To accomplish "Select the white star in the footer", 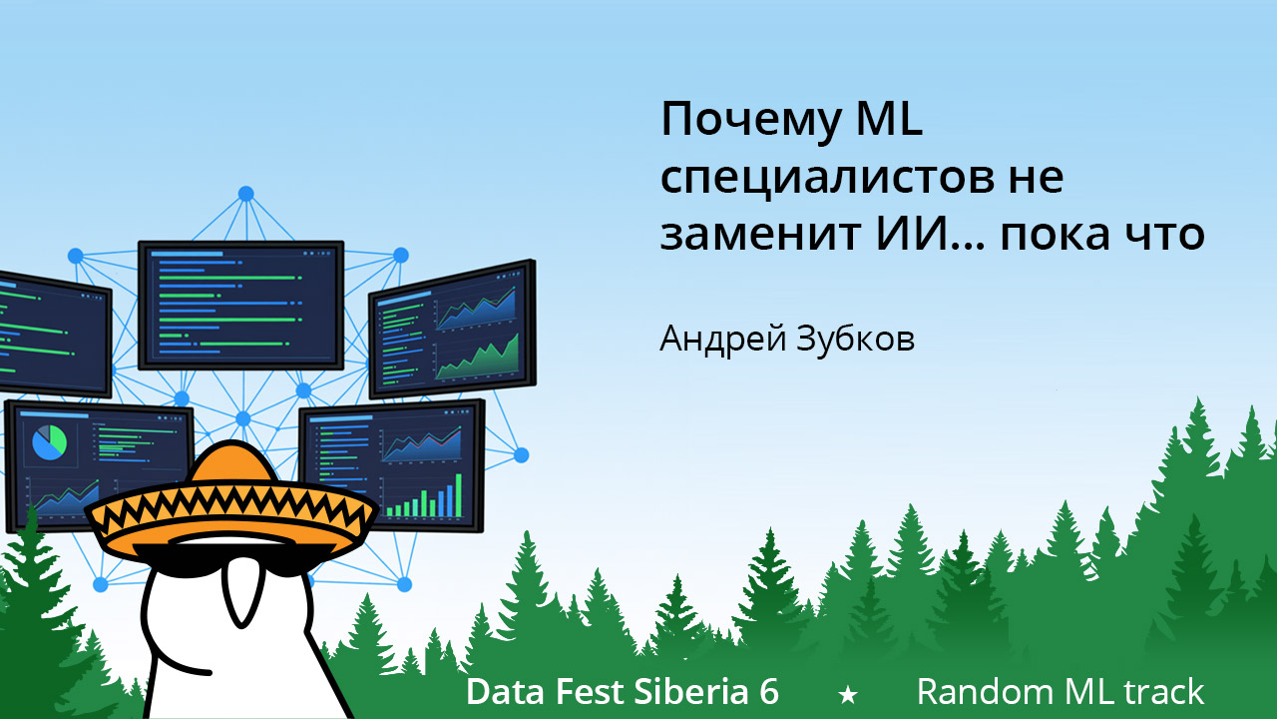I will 848,693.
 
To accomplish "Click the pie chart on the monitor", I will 49,441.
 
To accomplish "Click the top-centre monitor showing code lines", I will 240,304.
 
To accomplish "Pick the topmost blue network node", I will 245,193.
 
